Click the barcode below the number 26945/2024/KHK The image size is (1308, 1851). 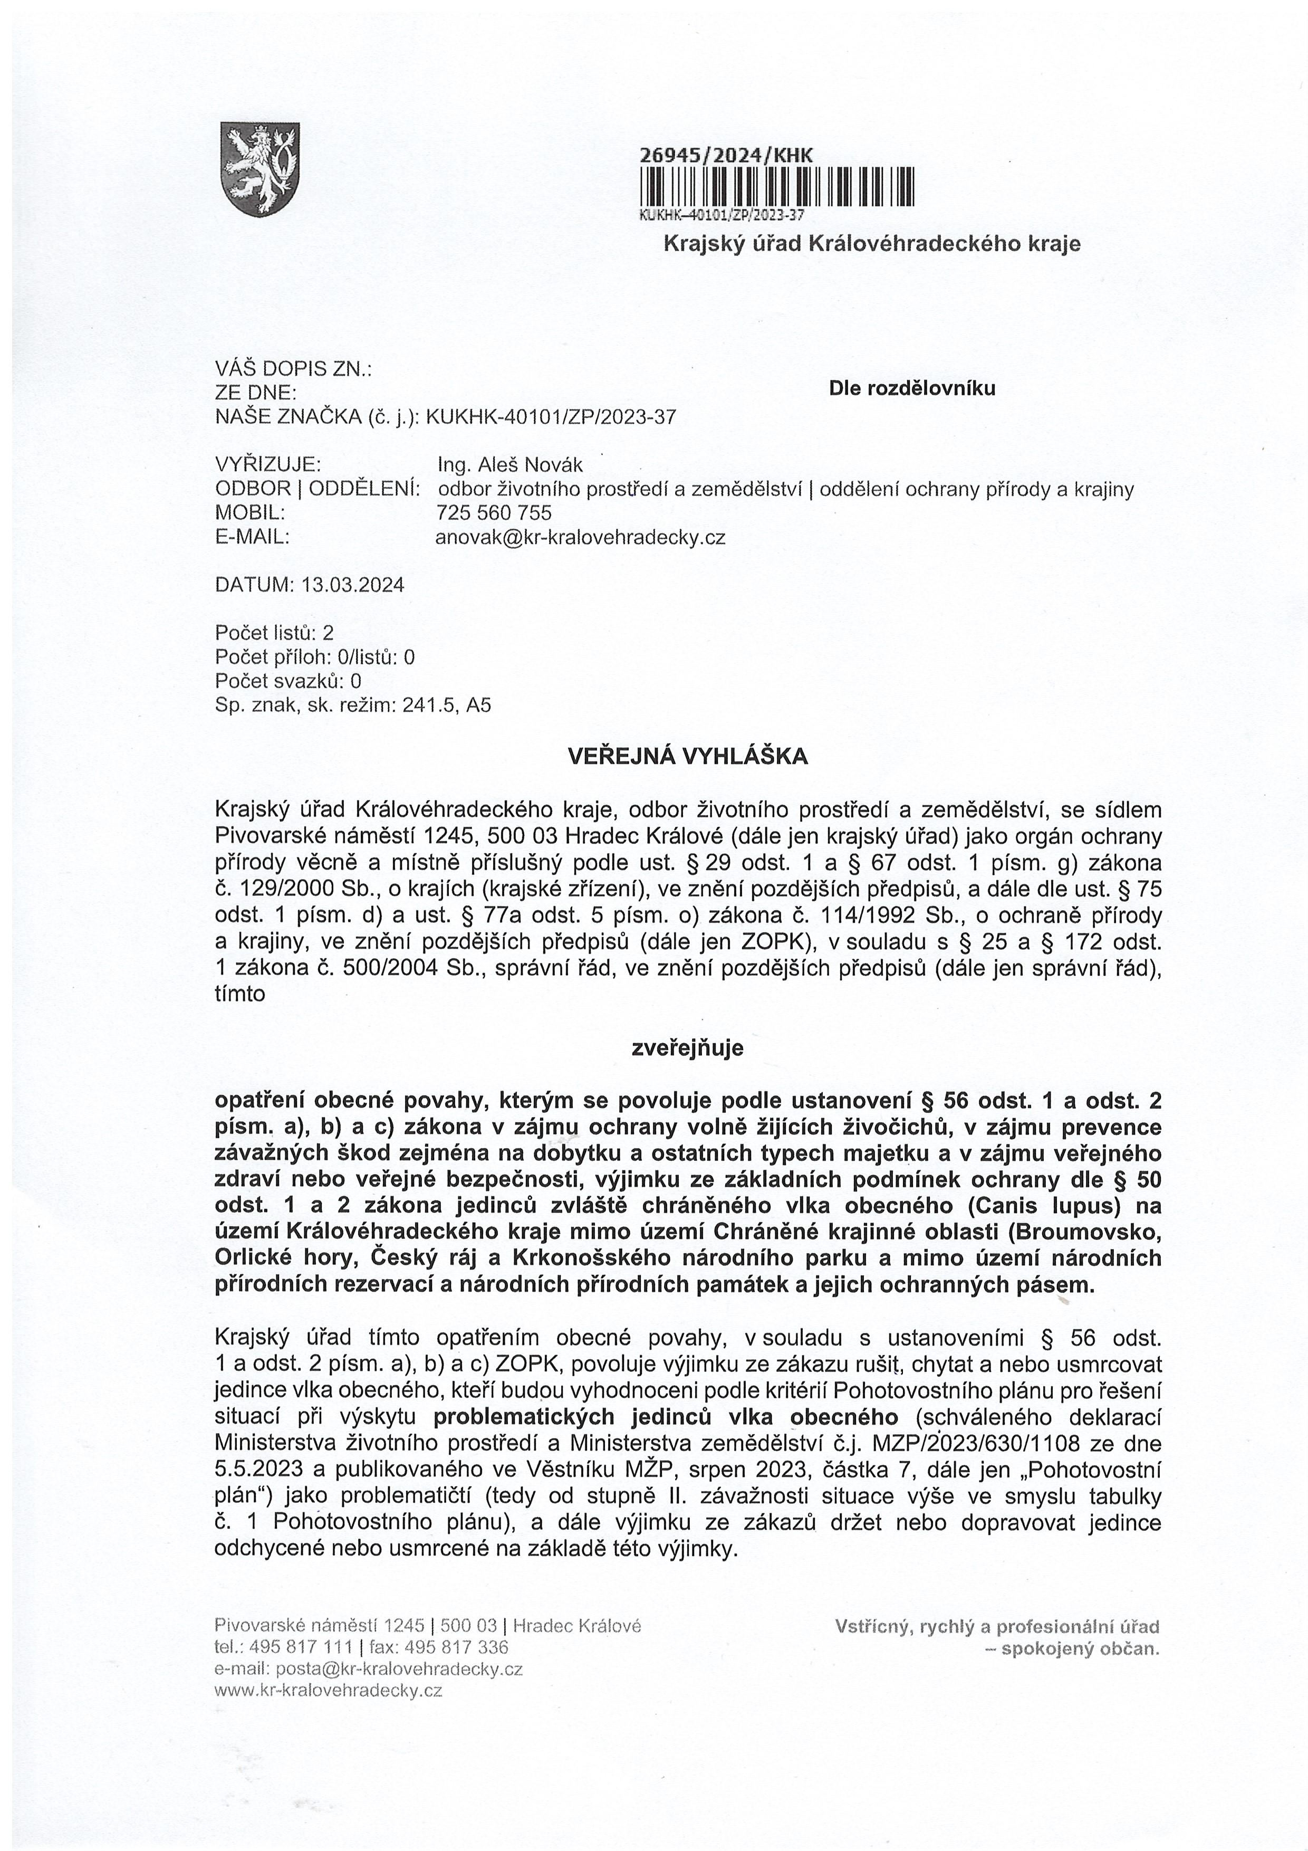776,186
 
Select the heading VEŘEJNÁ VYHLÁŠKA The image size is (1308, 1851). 687,756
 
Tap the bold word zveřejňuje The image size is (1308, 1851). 687,1048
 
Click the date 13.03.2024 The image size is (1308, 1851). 353,585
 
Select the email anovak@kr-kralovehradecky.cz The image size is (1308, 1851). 580,537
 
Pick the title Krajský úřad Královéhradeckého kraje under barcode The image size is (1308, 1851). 871,243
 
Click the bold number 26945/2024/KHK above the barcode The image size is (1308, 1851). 726,156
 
